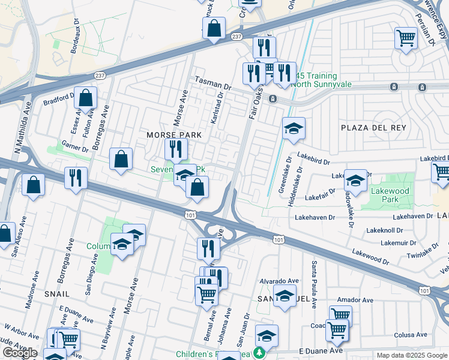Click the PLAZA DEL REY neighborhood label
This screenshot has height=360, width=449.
pyautogui.click(x=373, y=128)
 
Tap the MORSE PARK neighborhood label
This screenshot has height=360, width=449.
pyautogui.click(x=173, y=136)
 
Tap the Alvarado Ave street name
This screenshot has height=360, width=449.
pyautogui.click(x=279, y=281)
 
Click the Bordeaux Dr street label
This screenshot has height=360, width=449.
pyautogui.click(x=75, y=41)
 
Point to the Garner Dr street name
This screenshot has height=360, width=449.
pyautogui.click(x=76, y=145)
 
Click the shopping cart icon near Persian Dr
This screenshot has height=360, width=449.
pyautogui.click(x=406, y=38)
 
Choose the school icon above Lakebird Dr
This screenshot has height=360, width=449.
pyautogui.click(x=294, y=128)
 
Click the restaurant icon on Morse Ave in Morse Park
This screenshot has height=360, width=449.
pyautogui.click(x=176, y=149)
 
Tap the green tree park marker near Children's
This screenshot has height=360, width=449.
pyautogui.click(x=259, y=353)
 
